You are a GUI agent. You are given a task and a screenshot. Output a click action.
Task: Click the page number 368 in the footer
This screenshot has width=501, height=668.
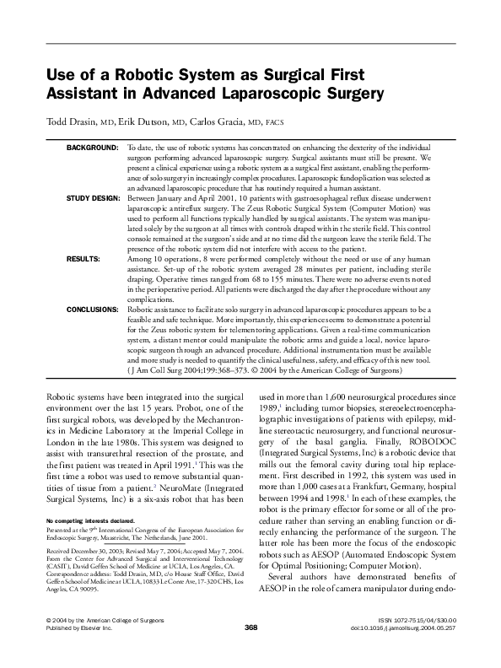tap(250, 651)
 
